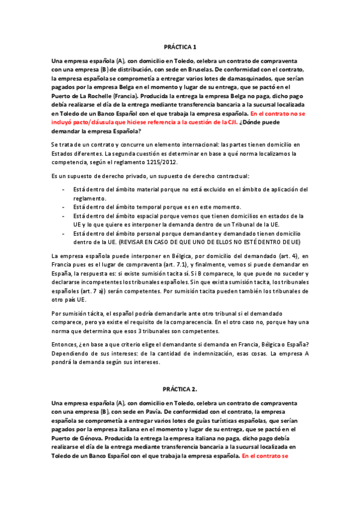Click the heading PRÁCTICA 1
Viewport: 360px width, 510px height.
coord(180,46)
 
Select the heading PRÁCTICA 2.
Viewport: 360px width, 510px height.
coord(180,389)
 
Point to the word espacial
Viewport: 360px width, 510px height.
coord(138,215)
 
